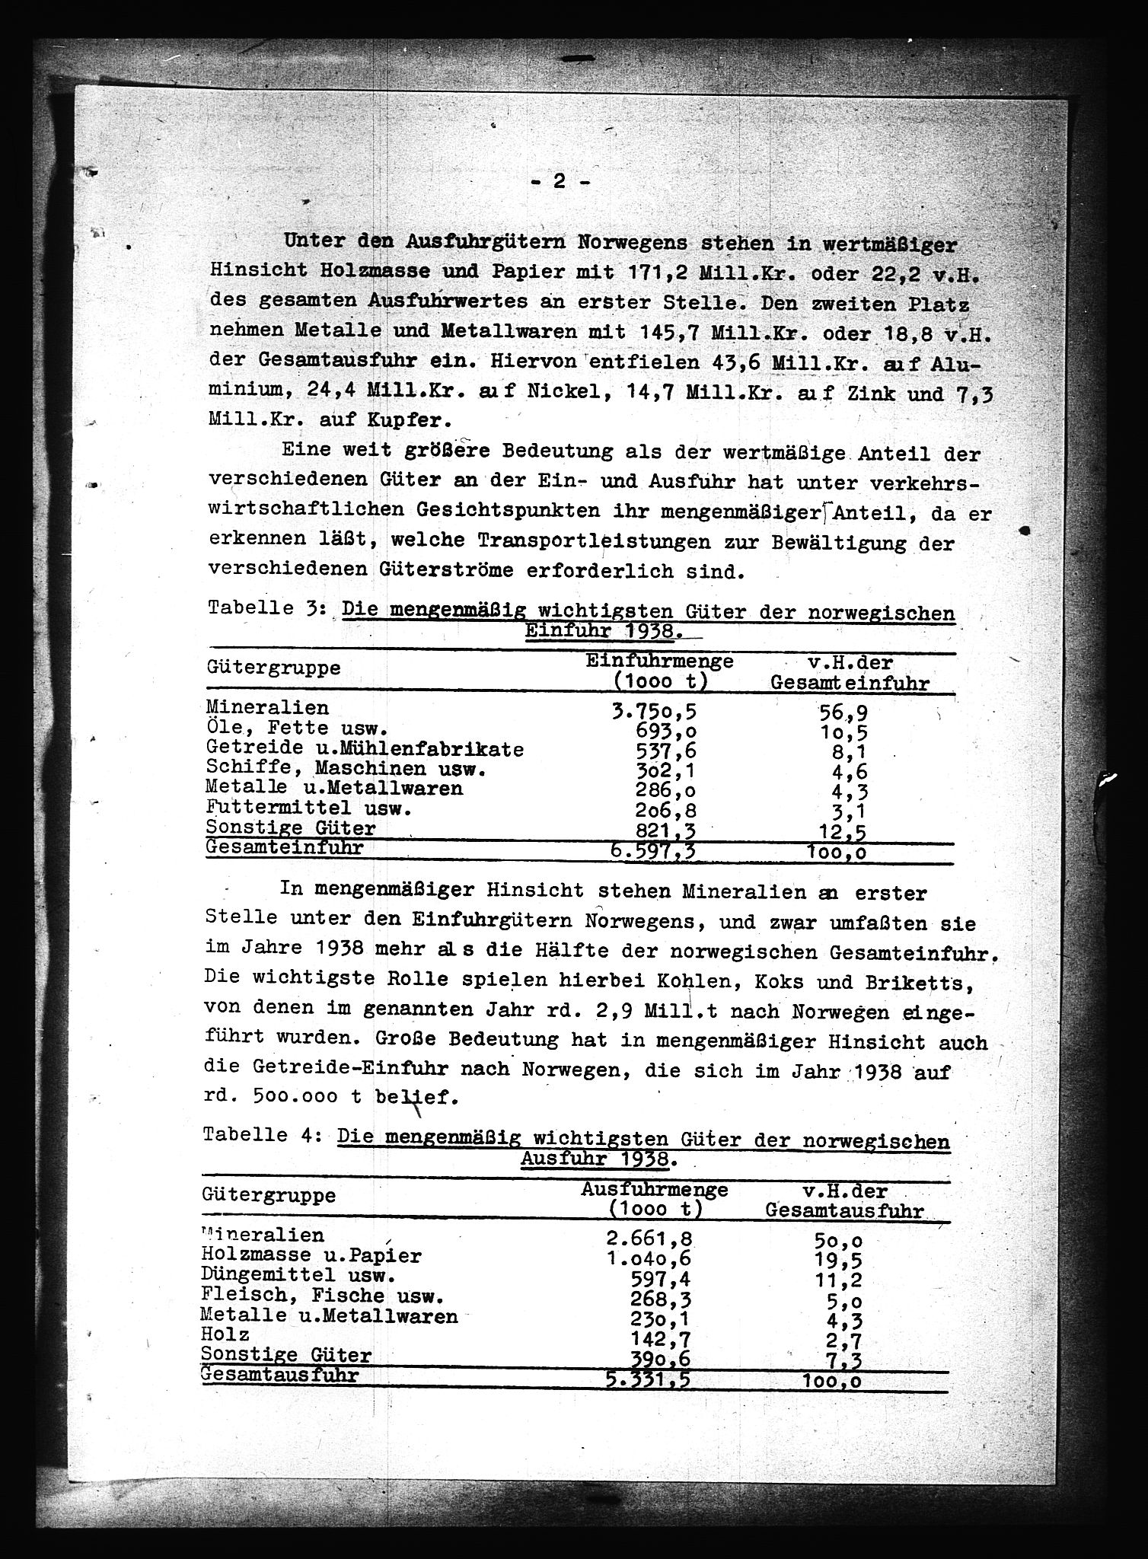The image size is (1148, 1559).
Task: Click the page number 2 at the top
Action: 559,181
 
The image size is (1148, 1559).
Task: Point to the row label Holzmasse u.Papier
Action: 311,1255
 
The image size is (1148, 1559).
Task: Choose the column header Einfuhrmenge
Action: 659,661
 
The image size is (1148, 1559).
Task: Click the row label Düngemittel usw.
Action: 298,1275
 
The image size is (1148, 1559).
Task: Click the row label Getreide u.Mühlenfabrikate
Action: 365,749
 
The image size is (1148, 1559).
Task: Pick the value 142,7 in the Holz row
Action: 665,1335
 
